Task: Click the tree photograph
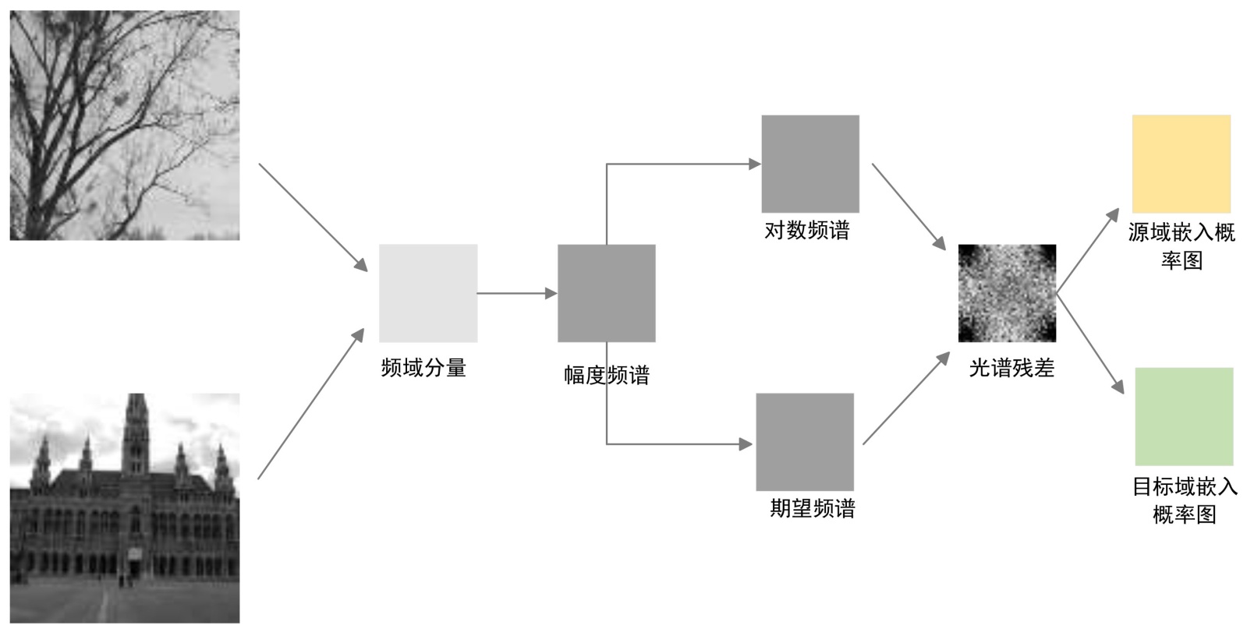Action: [125, 125]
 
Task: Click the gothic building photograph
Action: [125, 507]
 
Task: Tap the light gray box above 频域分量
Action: [428, 293]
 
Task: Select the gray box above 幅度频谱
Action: [606, 293]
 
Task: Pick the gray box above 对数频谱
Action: [810, 164]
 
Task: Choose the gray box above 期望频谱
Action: [805, 442]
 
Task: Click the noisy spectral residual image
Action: [1007, 293]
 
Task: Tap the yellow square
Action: [1181, 164]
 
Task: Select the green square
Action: [1184, 416]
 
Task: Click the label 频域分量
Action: [423, 367]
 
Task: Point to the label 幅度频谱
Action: [607, 375]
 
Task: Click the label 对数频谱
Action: [807, 230]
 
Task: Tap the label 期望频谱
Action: [813, 508]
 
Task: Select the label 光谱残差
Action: [1011, 367]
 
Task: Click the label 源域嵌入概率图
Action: [1181, 246]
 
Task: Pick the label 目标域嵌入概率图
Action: [1185, 500]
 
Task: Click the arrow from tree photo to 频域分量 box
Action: [312, 217]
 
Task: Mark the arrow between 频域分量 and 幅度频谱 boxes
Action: [516, 293]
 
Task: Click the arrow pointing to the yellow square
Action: [1088, 249]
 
